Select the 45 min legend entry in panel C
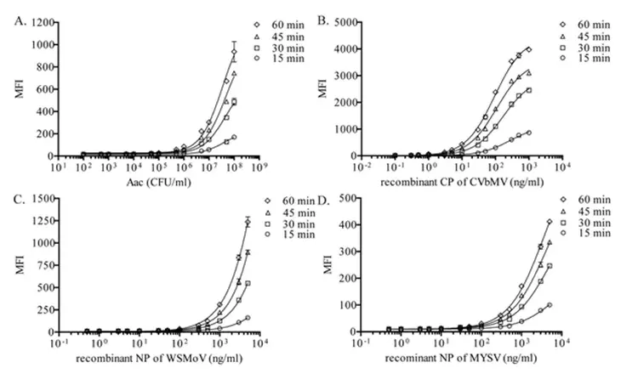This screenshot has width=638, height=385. (274, 217)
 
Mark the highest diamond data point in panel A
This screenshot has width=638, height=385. (234, 52)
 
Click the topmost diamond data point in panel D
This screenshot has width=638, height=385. (550, 222)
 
